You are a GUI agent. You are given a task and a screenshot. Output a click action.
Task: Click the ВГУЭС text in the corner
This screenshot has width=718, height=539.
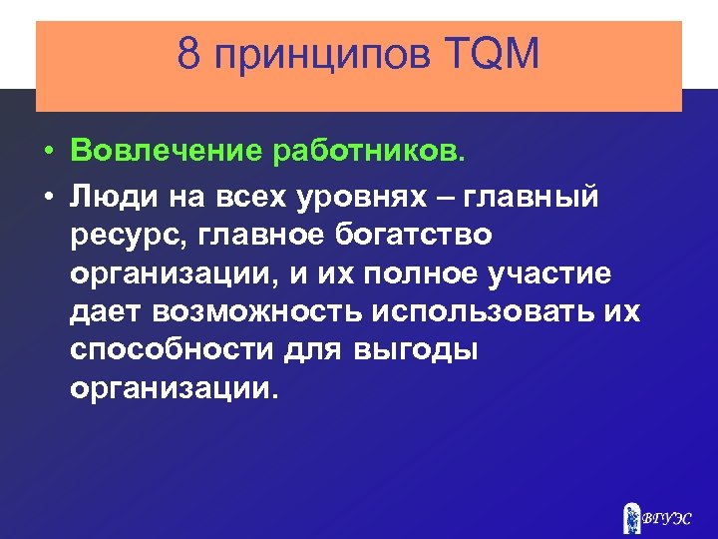[x=668, y=518]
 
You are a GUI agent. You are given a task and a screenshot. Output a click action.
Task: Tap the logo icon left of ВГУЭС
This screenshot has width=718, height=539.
[x=631, y=516]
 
